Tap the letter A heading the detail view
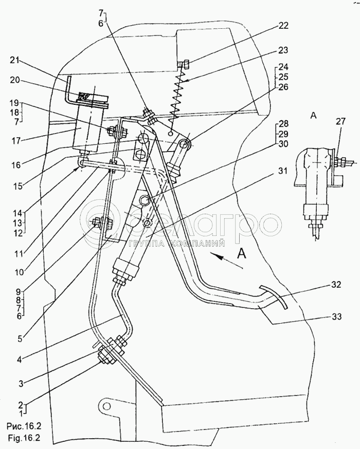(x=314, y=116)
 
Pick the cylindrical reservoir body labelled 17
(x=88, y=126)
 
